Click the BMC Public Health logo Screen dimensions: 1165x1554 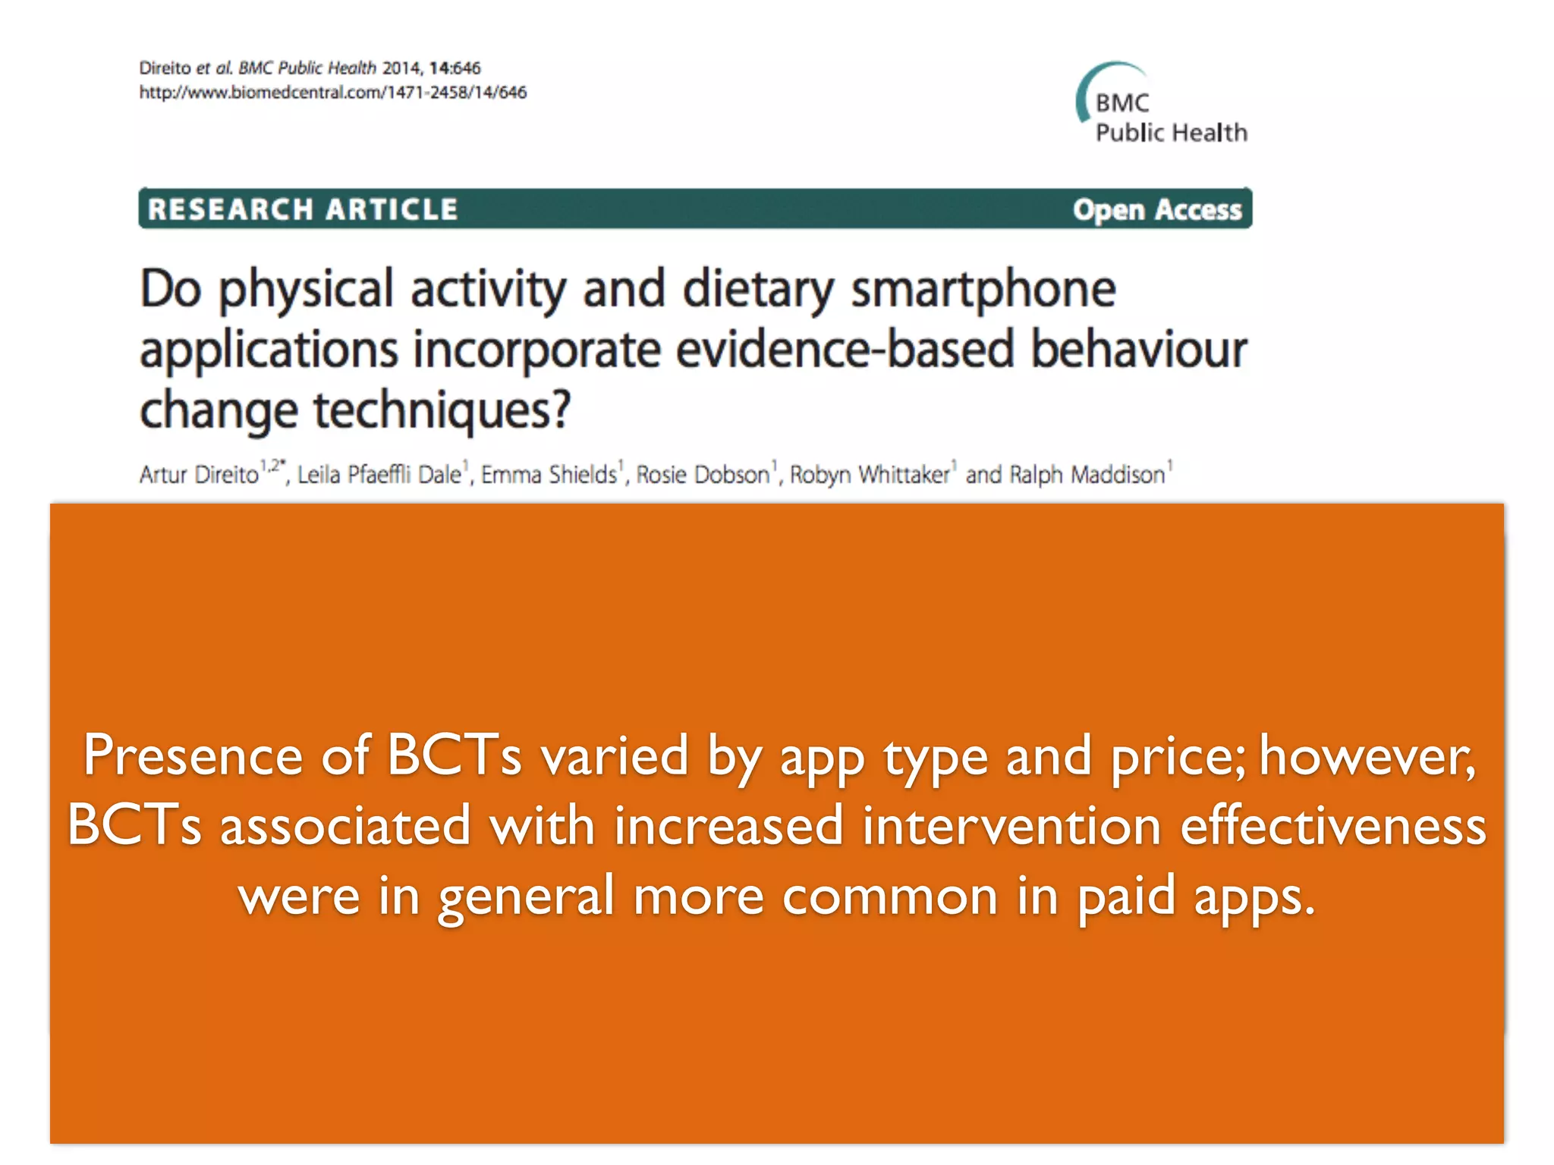(x=1161, y=106)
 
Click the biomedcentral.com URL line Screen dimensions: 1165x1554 (x=332, y=93)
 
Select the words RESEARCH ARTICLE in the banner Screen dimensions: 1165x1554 (x=303, y=209)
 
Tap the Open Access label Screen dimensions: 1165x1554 (x=1156, y=209)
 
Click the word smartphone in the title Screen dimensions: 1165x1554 (x=983, y=290)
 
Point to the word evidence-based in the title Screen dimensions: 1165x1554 (x=845, y=350)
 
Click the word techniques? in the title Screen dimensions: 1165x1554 (x=442, y=410)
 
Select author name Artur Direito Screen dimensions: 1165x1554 (x=199, y=475)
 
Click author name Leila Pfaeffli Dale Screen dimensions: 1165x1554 (x=379, y=475)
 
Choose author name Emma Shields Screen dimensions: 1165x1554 (x=549, y=475)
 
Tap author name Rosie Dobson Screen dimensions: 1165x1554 (x=703, y=475)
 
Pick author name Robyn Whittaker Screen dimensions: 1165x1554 (x=870, y=475)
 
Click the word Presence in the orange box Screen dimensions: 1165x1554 (x=192, y=755)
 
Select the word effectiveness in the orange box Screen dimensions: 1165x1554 (x=1332, y=826)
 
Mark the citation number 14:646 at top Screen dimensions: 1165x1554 (x=455, y=68)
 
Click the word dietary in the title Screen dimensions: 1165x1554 (x=758, y=290)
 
